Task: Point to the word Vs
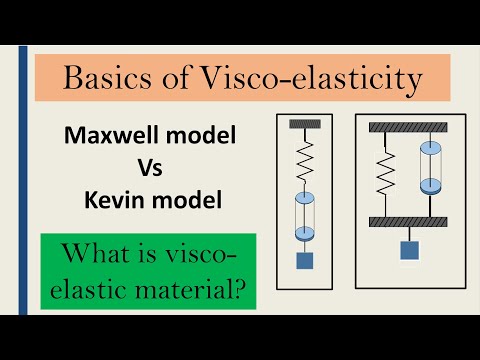coord(147,168)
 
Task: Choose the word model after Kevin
coord(190,201)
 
